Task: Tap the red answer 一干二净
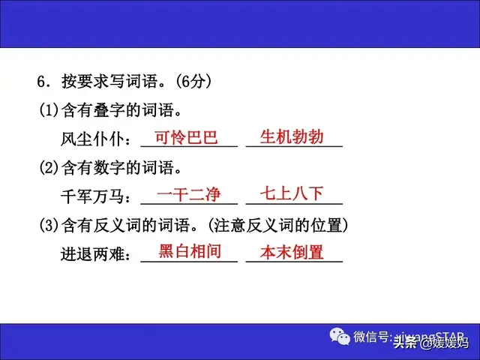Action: [189, 195]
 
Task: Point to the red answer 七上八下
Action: [292, 194]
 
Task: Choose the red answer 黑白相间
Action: [190, 252]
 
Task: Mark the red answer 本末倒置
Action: [292, 252]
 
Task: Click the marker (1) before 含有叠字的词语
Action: [49, 110]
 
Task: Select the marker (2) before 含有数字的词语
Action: [49, 168]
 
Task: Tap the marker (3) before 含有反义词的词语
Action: [49, 225]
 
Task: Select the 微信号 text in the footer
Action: [371, 336]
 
